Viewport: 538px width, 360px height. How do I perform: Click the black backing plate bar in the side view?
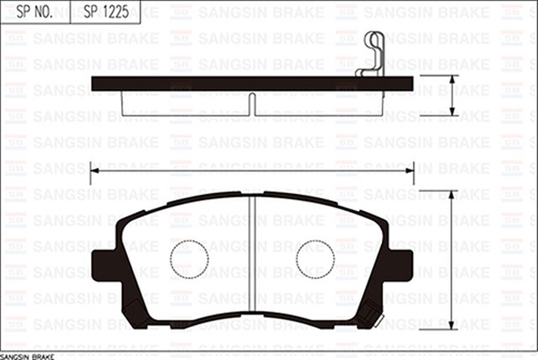(252, 82)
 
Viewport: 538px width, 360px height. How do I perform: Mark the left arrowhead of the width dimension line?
(93, 171)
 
